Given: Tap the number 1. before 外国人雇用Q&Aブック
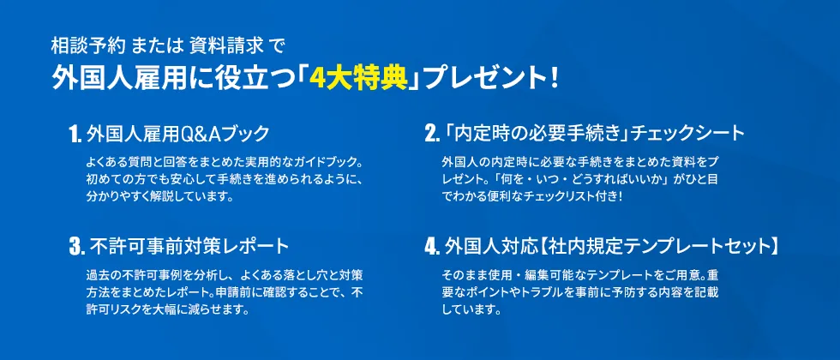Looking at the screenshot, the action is [75, 135].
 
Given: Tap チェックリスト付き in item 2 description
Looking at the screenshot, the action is [551, 197].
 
